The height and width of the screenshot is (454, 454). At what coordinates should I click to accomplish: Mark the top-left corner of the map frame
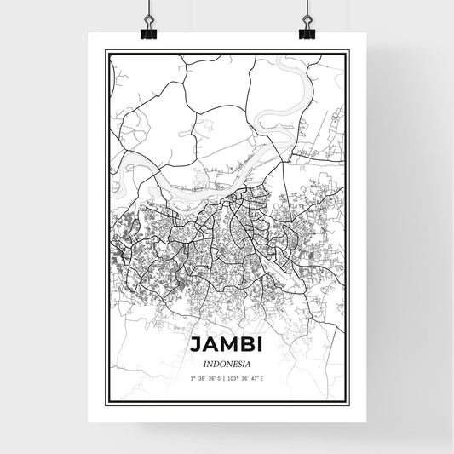106,51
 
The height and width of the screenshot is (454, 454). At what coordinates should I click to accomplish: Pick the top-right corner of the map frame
348,51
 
